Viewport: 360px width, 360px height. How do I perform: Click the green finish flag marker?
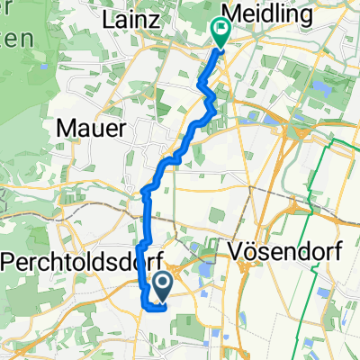(x=220, y=32)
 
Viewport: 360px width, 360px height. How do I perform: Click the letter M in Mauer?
(x=66, y=130)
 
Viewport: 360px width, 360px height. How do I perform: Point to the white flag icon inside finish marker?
(x=220, y=28)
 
